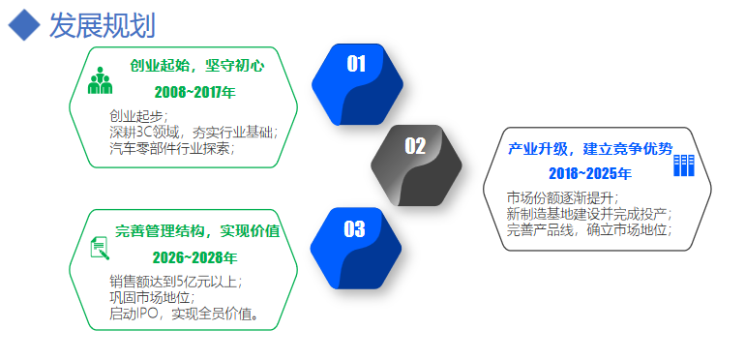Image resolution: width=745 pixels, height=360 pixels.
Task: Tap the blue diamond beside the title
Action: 23,25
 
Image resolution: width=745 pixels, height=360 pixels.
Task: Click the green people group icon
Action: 100,81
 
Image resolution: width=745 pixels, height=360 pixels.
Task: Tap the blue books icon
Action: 684,165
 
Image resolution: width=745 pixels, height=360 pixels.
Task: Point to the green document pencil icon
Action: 99,248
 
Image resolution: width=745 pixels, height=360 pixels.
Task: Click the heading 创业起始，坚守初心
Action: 196,66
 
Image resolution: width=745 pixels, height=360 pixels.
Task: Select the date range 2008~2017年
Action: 194,93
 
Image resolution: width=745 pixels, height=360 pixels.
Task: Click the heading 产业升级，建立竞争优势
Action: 589,149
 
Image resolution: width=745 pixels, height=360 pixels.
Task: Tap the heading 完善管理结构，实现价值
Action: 197,231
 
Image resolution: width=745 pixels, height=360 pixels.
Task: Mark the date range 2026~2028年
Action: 194,258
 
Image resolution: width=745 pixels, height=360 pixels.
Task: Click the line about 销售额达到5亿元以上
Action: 175,282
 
